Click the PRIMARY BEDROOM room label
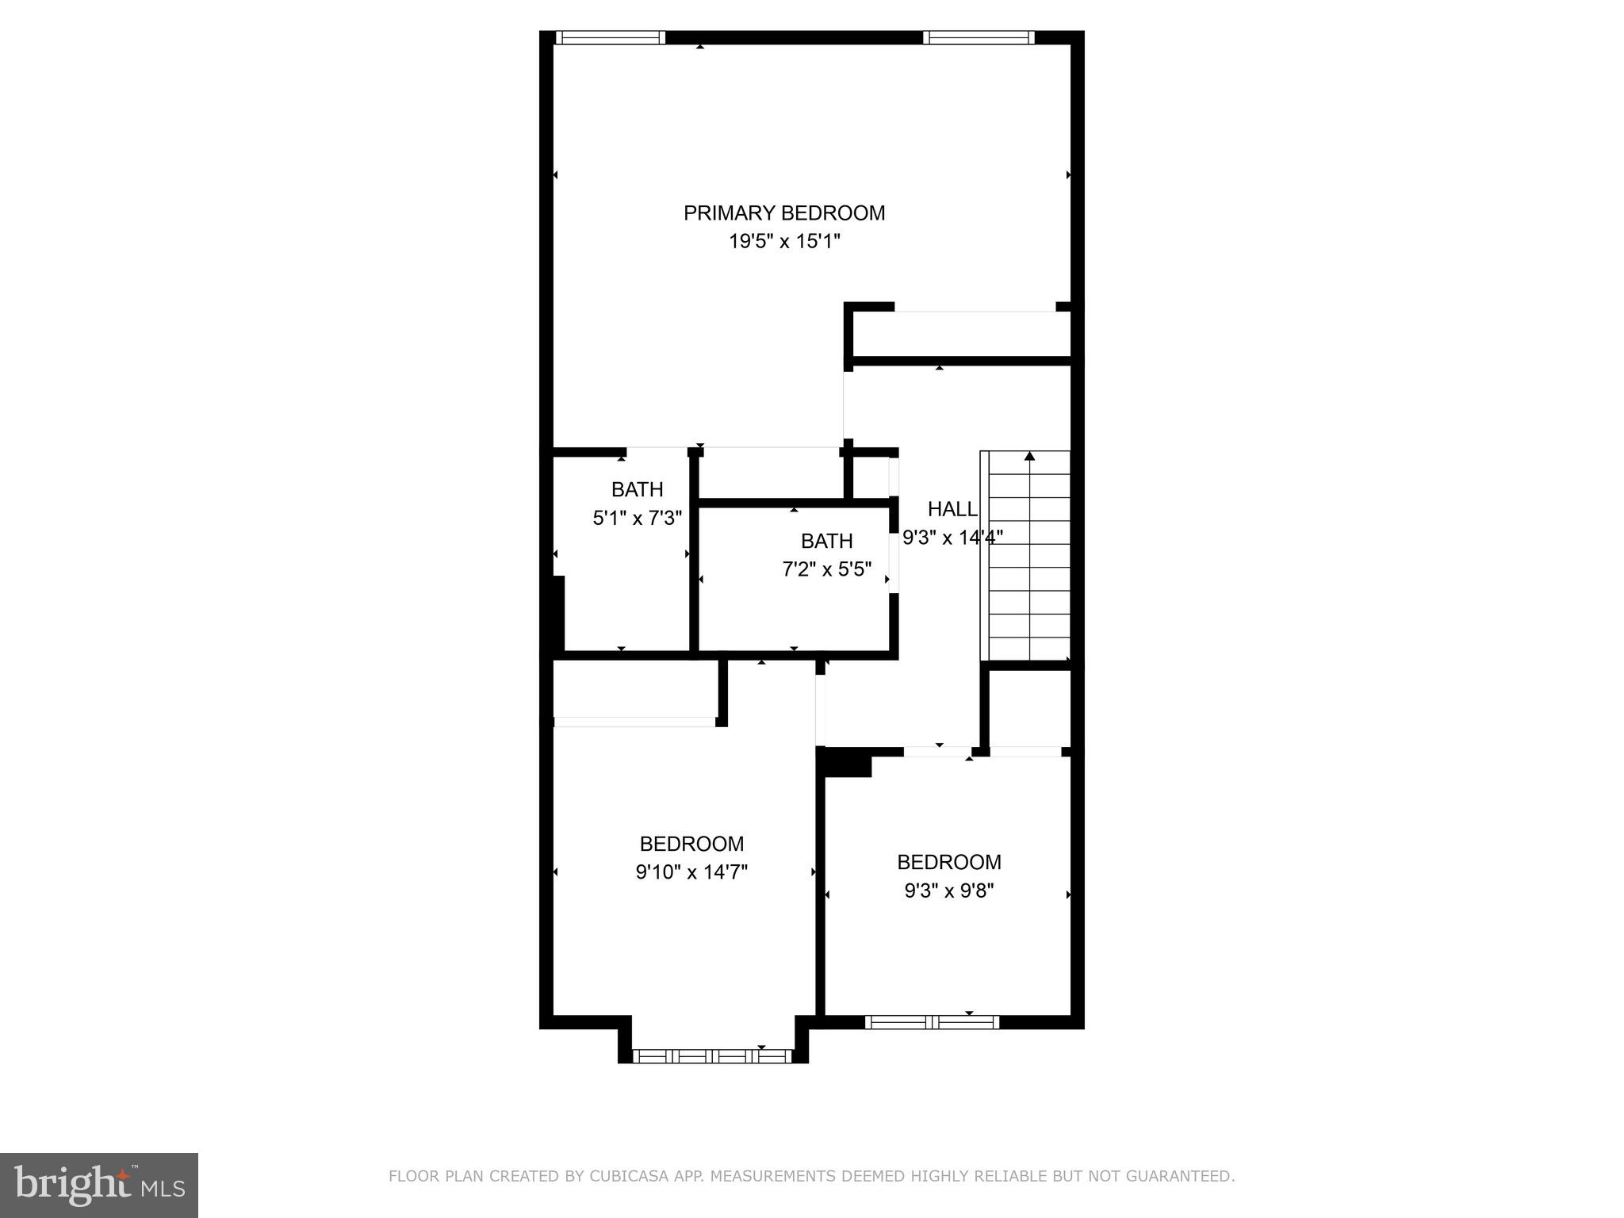tap(784, 213)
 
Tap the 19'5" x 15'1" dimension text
tap(784, 242)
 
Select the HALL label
tap(952, 509)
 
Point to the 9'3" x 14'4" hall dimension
tap(952, 538)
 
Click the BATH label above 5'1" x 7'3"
tap(637, 489)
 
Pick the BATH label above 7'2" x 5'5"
tap(826, 541)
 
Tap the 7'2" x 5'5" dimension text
tap(826, 569)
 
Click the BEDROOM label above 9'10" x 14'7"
tap(691, 844)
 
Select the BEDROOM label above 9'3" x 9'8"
tap(949, 862)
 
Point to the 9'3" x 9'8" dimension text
tap(949, 891)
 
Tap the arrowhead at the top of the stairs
tap(1029, 456)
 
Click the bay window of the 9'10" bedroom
tap(713, 1055)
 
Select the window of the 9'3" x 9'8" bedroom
tap(932, 1022)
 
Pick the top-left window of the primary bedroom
tap(609, 37)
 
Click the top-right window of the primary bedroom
tap(979, 37)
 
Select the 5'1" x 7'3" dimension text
tap(637, 519)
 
